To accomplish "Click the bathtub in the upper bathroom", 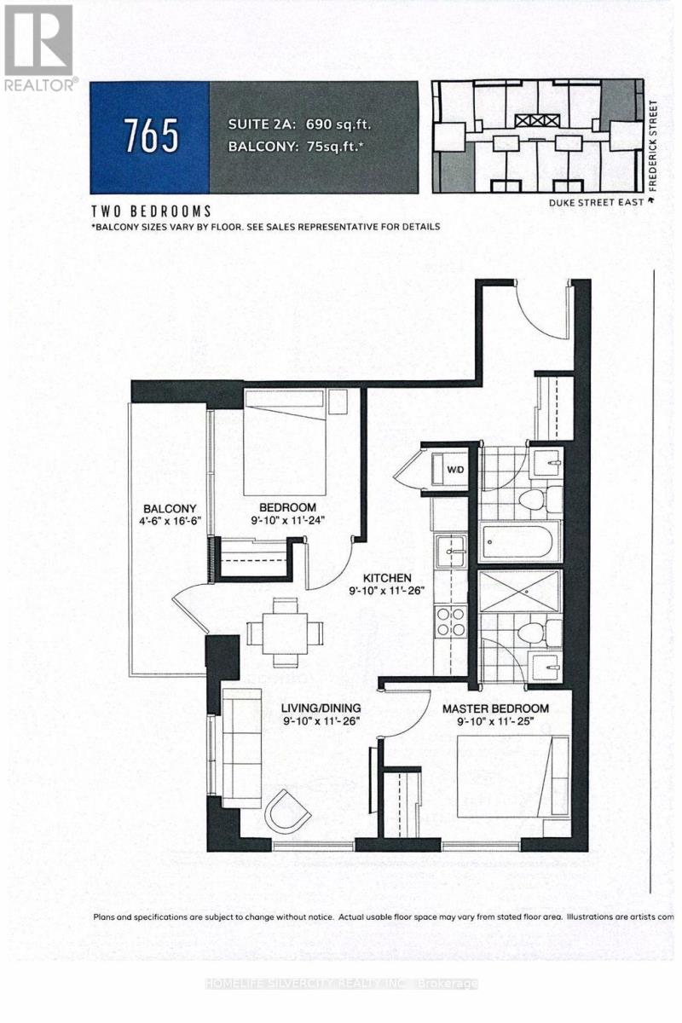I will pos(520,543).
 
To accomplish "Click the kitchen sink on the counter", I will pos(448,552).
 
